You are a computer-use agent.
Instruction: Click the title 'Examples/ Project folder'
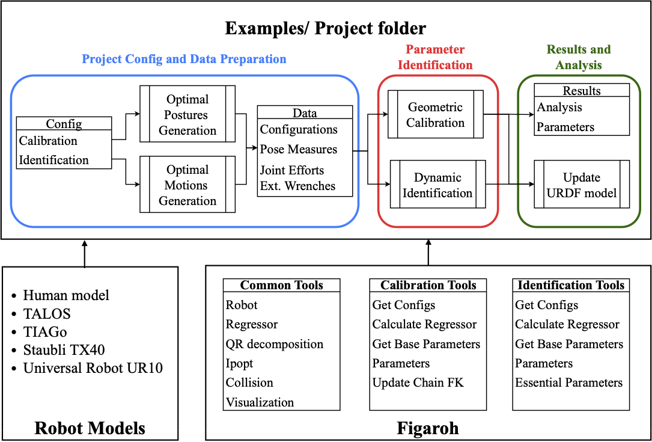(x=325, y=28)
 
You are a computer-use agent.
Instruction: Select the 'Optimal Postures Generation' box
(x=187, y=115)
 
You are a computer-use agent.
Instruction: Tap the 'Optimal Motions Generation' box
(x=187, y=185)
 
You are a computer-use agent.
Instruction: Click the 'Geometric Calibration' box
(x=436, y=115)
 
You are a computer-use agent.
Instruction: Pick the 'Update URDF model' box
(x=582, y=185)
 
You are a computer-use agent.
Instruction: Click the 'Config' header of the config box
(x=64, y=124)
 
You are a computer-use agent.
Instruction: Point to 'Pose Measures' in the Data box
(x=299, y=149)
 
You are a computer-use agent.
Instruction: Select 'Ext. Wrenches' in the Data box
(x=297, y=186)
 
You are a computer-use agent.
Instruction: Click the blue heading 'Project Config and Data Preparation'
(x=184, y=59)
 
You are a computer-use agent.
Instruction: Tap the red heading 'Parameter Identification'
(x=435, y=57)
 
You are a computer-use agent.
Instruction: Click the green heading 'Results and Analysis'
(x=578, y=57)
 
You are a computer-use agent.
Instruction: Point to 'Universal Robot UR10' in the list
(x=93, y=367)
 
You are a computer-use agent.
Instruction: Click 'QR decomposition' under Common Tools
(x=274, y=344)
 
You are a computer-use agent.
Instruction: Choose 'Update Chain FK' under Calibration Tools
(x=418, y=382)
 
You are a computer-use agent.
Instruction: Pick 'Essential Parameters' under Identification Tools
(x=568, y=382)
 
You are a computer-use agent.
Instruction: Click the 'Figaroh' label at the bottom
(x=428, y=428)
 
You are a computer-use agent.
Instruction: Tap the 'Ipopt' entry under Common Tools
(x=239, y=363)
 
